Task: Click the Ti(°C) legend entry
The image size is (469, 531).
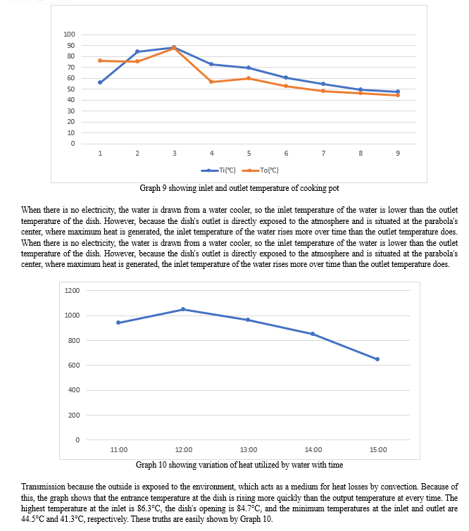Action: (x=218, y=170)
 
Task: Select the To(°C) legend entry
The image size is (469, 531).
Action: (x=261, y=170)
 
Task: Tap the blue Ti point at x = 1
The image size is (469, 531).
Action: (x=100, y=82)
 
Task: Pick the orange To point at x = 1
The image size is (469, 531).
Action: (x=100, y=61)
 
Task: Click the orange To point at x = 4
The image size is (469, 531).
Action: (x=211, y=82)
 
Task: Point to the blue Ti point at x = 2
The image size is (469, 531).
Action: (x=137, y=51)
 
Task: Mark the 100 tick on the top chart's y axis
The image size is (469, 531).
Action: (x=69, y=35)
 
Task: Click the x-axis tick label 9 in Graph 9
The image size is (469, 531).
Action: (x=398, y=153)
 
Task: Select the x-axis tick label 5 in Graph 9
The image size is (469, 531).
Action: (x=249, y=153)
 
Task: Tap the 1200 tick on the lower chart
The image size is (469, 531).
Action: (x=72, y=291)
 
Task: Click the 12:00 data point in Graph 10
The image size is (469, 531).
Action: (x=183, y=309)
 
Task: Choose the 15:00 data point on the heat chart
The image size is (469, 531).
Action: (x=377, y=359)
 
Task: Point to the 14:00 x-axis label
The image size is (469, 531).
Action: (x=313, y=450)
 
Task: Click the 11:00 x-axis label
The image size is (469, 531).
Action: (x=119, y=450)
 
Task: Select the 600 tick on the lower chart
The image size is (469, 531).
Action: (x=74, y=365)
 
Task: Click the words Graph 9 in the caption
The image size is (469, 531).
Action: (x=153, y=188)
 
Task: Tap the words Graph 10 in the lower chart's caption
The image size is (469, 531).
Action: (x=151, y=465)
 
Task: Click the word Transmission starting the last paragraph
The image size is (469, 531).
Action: (x=43, y=487)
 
